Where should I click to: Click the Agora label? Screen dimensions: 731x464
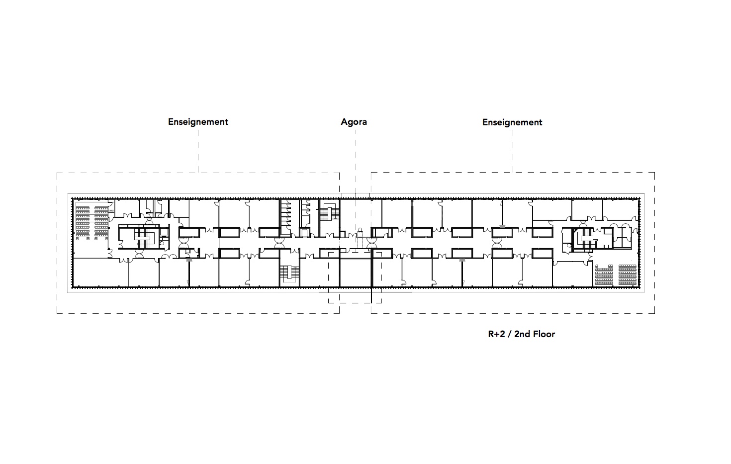click(x=354, y=122)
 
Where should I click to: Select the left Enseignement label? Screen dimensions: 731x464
click(x=198, y=122)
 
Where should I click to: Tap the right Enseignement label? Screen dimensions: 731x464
click(x=512, y=122)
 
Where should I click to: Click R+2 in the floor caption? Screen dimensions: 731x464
click(x=496, y=334)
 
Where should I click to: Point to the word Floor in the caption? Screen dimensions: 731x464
click(x=544, y=334)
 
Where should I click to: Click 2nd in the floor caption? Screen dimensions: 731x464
click(x=522, y=334)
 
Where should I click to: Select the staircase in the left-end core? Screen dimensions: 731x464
click(x=143, y=238)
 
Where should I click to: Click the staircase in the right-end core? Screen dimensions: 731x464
click(x=586, y=239)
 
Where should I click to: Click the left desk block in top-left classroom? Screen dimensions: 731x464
click(x=83, y=221)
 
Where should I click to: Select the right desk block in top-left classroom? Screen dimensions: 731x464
click(x=101, y=221)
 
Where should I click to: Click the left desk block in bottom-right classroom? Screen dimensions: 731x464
click(x=604, y=275)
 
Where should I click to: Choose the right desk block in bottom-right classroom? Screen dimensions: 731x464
click(x=628, y=275)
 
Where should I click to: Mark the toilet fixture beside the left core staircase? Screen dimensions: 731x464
click(x=162, y=243)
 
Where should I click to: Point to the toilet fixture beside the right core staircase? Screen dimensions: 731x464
click(x=568, y=246)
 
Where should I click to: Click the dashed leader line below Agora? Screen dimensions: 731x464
click(x=355, y=186)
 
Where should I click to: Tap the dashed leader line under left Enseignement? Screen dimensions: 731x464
click(x=198, y=151)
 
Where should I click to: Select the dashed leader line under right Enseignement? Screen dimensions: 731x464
click(x=513, y=151)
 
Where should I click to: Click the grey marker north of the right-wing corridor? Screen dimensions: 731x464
click(x=503, y=226)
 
